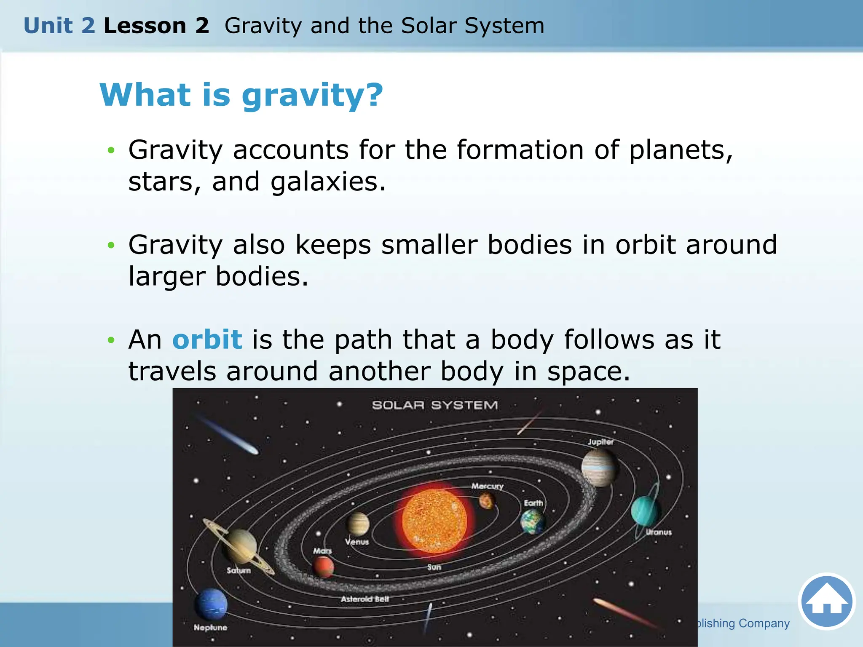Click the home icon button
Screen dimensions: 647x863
click(826, 601)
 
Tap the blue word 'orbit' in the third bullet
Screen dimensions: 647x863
click(207, 340)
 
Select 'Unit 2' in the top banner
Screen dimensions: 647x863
click(59, 26)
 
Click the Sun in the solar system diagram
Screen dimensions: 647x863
click(434, 521)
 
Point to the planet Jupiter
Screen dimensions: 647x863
click(599, 467)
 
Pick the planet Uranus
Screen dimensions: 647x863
click(645, 510)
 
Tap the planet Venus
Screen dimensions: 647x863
click(358, 524)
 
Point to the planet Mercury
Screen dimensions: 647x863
click(487, 501)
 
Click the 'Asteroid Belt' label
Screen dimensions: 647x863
click(365, 599)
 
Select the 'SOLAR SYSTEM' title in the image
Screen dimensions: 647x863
click(434, 405)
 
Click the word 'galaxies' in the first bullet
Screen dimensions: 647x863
click(328, 182)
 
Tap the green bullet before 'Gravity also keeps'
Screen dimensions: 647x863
click(111, 245)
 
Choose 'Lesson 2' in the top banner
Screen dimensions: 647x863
click(156, 26)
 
